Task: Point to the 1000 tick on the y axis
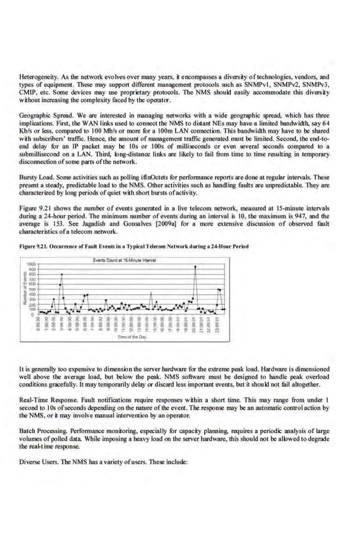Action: point(33,264)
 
